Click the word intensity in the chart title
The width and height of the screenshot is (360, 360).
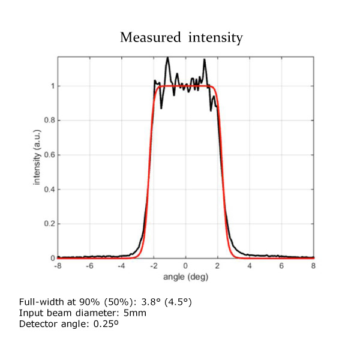click(x=214, y=38)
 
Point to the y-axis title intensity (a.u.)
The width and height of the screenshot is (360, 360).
click(x=37, y=158)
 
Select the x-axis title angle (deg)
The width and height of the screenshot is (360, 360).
click(x=185, y=277)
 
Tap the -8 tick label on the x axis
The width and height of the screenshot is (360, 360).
click(x=58, y=266)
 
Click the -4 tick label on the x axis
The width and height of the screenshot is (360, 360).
click(x=121, y=266)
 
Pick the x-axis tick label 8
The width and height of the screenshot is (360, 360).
click(x=313, y=266)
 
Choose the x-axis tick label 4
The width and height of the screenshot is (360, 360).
click(x=250, y=266)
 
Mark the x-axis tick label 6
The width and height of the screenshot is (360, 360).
click(x=281, y=266)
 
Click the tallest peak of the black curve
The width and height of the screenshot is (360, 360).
click(x=167, y=58)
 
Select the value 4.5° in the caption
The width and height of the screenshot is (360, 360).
click(x=179, y=301)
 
